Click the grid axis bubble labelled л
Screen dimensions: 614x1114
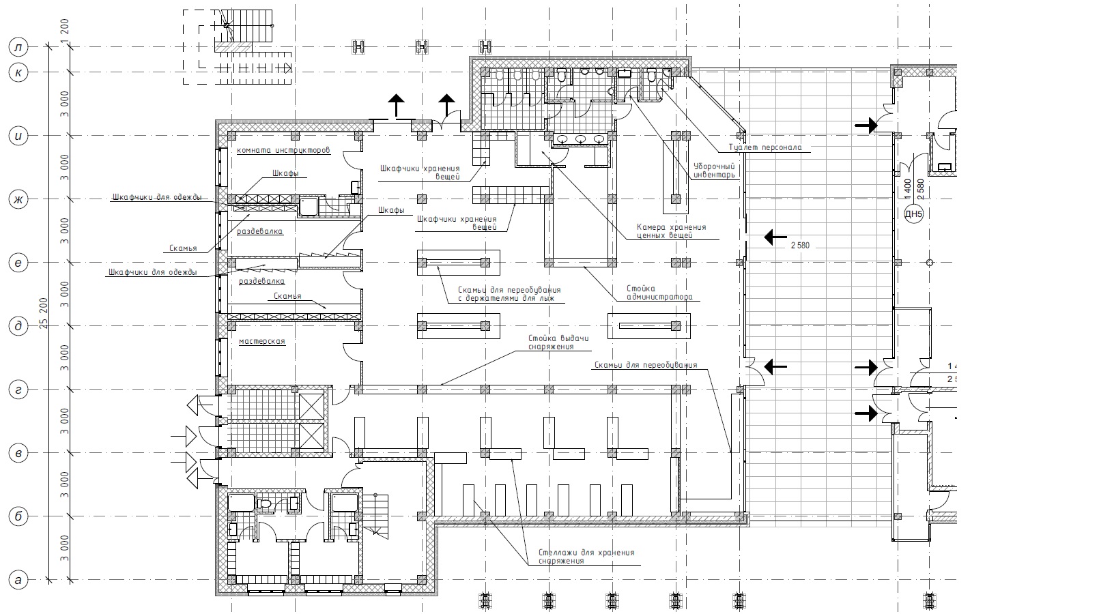(18, 47)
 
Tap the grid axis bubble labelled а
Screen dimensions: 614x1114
(18, 581)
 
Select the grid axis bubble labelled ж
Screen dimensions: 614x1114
(18, 200)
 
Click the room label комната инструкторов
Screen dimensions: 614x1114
(283, 149)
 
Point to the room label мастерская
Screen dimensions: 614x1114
(261, 341)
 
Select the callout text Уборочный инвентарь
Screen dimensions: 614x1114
(714, 170)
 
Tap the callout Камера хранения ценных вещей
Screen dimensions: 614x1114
(671, 231)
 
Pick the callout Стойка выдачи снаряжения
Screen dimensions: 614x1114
(558, 342)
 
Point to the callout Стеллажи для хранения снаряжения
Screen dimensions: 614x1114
(586, 556)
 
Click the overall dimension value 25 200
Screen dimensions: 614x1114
(44, 314)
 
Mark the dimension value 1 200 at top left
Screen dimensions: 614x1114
(65, 31)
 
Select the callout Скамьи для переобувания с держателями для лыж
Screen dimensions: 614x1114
(504, 294)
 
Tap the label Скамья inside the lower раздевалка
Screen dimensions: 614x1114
(287, 296)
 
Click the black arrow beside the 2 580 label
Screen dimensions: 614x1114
(775, 237)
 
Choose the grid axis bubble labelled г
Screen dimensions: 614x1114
(18, 390)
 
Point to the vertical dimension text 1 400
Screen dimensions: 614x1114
(908, 188)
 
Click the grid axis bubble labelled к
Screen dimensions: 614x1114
(18, 72)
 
